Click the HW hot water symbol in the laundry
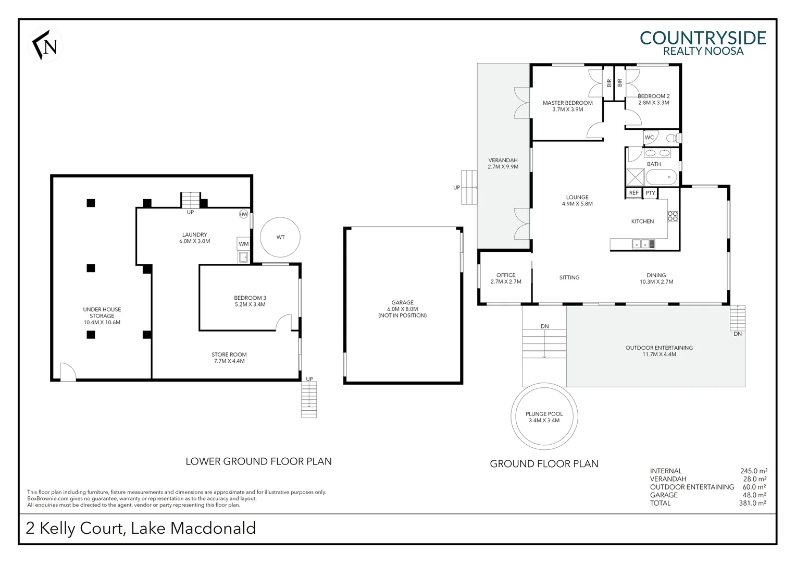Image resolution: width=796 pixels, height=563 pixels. [x=243, y=214]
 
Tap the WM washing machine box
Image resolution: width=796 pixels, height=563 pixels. [x=243, y=243]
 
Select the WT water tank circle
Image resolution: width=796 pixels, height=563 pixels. [x=280, y=237]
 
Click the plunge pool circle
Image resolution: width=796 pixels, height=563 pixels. [x=544, y=417]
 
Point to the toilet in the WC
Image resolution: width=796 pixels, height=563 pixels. [x=673, y=138]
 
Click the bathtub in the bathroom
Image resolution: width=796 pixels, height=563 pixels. [x=661, y=177]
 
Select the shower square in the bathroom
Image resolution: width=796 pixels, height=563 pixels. [x=635, y=177]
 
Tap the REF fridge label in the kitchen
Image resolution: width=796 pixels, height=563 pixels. [x=633, y=193]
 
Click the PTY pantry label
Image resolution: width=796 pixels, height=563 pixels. [x=650, y=193]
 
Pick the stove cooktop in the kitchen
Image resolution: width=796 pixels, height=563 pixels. [x=673, y=216]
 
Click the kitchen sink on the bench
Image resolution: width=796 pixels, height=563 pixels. [x=641, y=243]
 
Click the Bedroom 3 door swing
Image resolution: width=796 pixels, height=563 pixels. [x=283, y=323]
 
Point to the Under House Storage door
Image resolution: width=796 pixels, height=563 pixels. [x=68, y=372]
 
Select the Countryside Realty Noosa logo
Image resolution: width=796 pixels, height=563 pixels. [x=702, y=43]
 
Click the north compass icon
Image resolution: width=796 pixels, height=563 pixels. [x=45, y=46]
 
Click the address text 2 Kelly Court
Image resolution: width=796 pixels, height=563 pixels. [x=76, y=528]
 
